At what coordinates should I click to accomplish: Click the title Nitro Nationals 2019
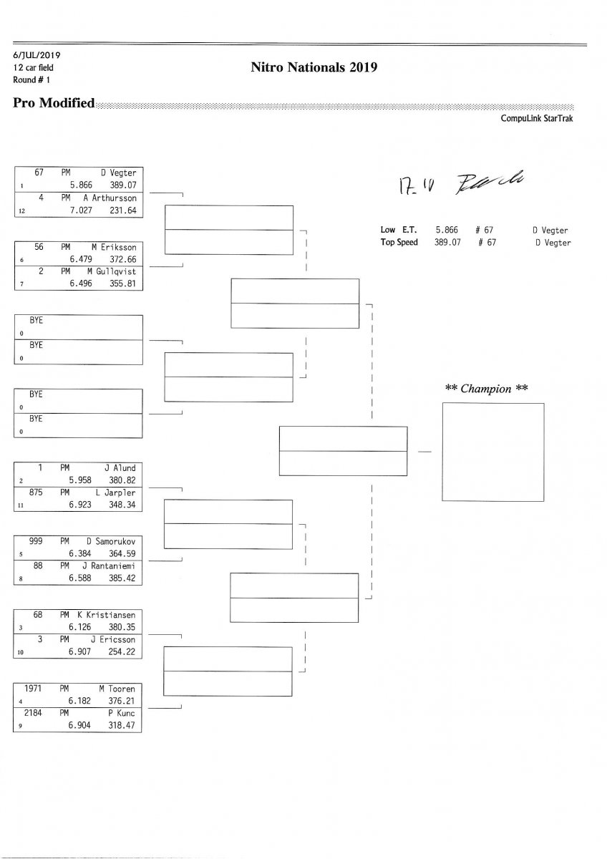pyautogui.click(x=314, y=68)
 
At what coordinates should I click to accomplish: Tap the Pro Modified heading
pyautogui.click(x=54, y=103)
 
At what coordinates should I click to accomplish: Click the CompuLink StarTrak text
pyautogui.click(x=537, y=119)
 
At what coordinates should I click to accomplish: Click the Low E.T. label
pyautogui.click(x=399, y=230)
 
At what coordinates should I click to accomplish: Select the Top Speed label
pyautogui.click(x=399, y=243)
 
